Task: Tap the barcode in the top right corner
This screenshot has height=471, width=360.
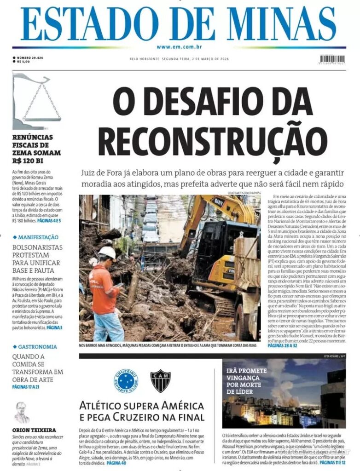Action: click(332, 59)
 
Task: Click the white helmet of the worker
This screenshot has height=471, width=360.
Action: click(108, 252)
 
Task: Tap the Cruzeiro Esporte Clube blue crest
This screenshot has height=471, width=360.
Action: click(126, 380)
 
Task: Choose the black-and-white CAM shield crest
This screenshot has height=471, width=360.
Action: click(160, 380)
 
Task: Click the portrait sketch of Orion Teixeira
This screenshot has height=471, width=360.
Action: click(22, 413)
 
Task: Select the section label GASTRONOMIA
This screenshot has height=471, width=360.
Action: click(37, 347)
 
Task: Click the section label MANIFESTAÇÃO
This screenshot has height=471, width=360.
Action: click(38, 237)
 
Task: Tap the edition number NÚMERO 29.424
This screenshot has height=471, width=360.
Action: click(30, 57)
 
